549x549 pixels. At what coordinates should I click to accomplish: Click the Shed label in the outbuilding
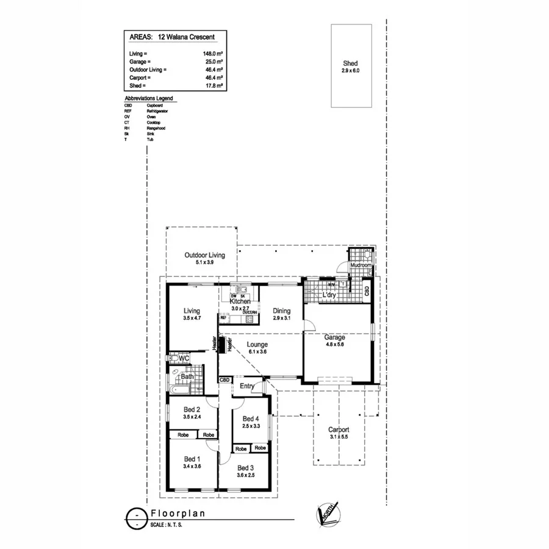(x=350, y=63)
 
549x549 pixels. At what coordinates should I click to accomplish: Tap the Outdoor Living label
(x=205, y=255)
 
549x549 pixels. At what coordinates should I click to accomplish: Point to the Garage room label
(x=335, y=337)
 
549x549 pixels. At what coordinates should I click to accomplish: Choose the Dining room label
(x=281, y=311)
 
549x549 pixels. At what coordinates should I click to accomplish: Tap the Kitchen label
(x=240, y=301)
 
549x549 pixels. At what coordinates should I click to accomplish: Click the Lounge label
(x=257, y=345)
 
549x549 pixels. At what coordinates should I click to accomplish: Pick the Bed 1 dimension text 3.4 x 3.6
(x=192, y=466)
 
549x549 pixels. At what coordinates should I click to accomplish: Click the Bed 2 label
(x=192, y=409)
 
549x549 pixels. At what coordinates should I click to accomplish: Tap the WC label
(x=184, y=358)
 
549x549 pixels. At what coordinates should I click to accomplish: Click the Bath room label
(x=187, y=376)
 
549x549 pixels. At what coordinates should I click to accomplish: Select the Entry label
(x=247, y=386)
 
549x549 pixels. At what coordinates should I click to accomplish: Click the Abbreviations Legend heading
(x=148, y=98)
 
